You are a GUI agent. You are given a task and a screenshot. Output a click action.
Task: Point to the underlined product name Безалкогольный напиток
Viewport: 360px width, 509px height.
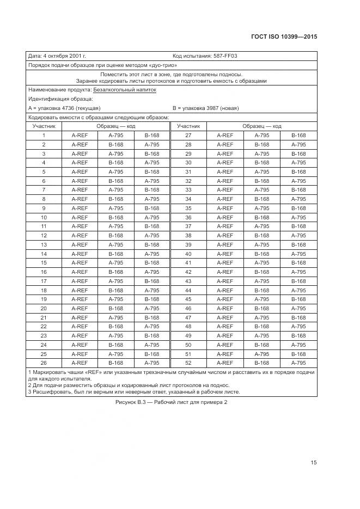click(x=124, y=90)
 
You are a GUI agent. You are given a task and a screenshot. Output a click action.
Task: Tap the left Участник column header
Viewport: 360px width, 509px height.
click(x=43, y=126)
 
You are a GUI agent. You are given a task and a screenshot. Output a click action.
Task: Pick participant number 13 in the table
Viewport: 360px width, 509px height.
click(x=43, y=244)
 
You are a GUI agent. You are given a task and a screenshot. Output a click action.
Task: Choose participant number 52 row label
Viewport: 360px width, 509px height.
click(x=188, y=363)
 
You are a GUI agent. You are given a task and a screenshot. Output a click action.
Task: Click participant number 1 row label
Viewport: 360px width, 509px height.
click(x=43, y=135)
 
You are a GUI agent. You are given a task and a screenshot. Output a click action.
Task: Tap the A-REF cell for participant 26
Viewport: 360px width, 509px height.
click(x=80, y=363)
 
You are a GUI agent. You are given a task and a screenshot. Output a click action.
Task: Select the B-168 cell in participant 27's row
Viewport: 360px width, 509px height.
click(x=298, y=135)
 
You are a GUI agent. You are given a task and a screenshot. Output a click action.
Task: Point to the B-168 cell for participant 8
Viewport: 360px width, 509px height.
click(x=116, y=199)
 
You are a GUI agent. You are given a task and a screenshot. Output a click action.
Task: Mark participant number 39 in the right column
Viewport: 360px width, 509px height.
click(x=188, y=244)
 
